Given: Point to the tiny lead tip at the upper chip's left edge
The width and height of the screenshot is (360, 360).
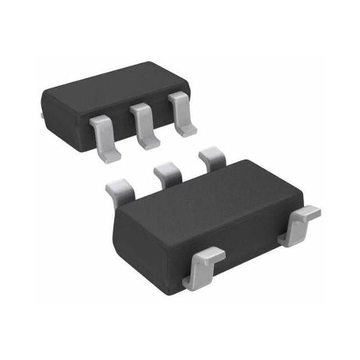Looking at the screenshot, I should [43, 115].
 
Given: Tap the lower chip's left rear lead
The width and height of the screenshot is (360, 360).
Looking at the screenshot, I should [121, 189].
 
